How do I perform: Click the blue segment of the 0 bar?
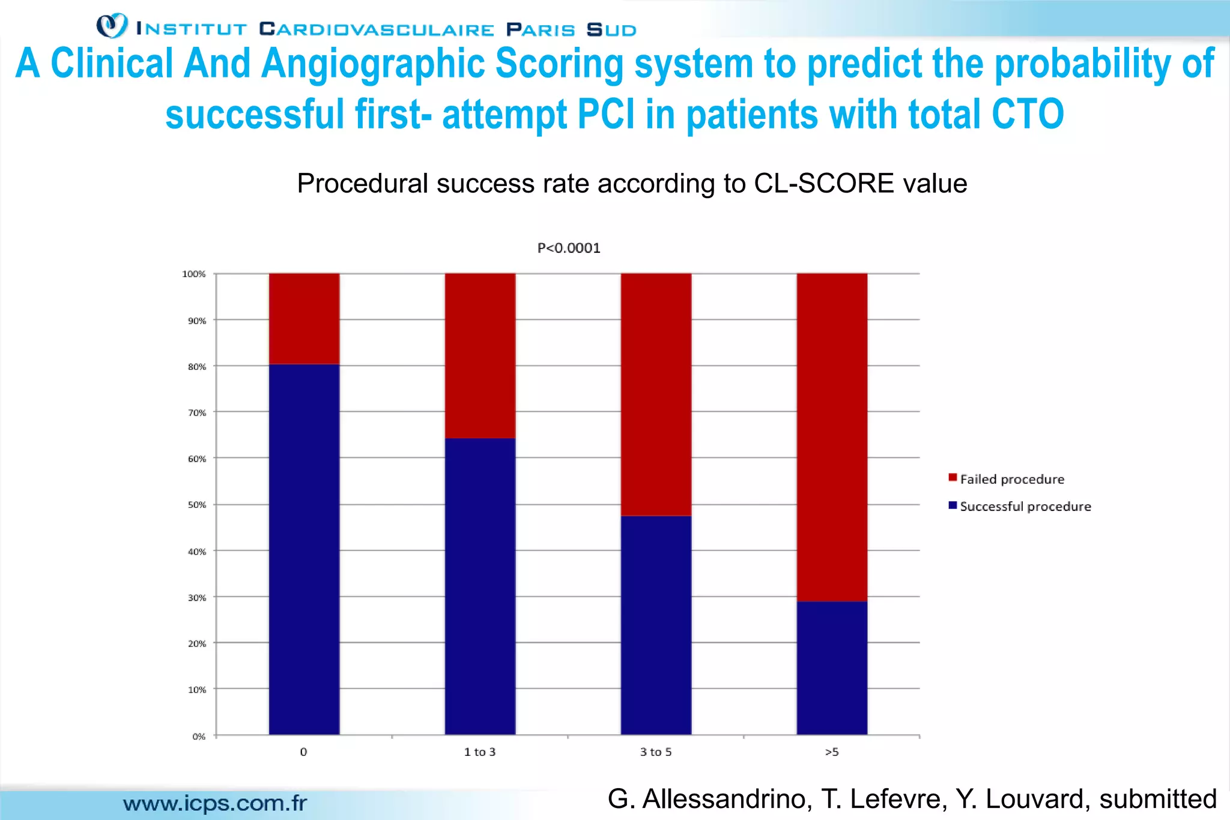pyautogui.click(x=304, y=549)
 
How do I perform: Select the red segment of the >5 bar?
pyautogui.click(x=832, y=437)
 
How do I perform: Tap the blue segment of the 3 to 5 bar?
pyautogui.click(x=656, y=625)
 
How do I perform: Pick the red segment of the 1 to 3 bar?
pyautogui.click(x=480, y=355)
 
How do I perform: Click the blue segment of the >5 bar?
pyautogui.click(x=832, y=668)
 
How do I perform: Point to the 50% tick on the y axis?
pyautogui.click(x=197, y=505)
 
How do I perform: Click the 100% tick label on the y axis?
pyautogui.click(x=194, y=274)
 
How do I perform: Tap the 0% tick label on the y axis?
pyautogui.click(x=199, y=736)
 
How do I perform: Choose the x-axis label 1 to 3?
pyautogui.click(x=480, y=752)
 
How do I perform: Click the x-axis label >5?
pyautogui.click(x=832, y=752)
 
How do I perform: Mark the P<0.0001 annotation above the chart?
pyautogui.click(x=569, y=248)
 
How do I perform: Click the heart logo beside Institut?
pyautogui.click(x=112, y=26)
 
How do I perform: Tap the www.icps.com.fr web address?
pyautogui.click(x=215, y=803)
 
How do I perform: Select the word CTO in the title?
pyautogui.click(x=1028, y=114)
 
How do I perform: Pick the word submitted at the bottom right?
pyautogui.click(x=1158, y=799)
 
